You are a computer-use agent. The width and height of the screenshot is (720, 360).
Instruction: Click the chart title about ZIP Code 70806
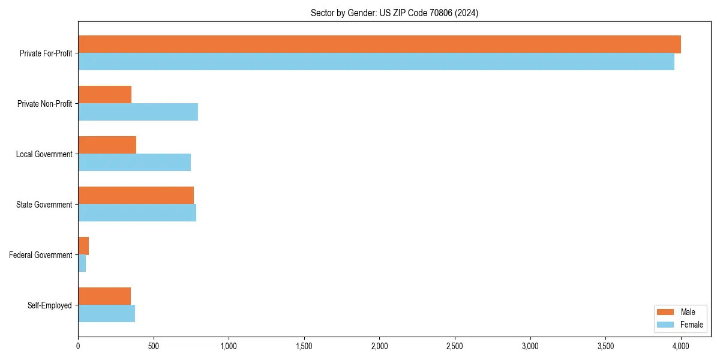pos(394,13)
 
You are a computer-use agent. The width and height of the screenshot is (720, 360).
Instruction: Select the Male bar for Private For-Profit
pos(379,44)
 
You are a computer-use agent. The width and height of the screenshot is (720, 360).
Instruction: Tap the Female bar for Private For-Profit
pos(376,62)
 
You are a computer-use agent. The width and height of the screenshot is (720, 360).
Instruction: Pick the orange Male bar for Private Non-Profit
pos(105,95)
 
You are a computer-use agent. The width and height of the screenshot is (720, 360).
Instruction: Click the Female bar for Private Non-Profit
pos(138,112)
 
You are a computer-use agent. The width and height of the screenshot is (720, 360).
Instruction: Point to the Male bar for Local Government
pos(107,145)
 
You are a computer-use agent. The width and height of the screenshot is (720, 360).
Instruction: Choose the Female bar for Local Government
pos(134,163)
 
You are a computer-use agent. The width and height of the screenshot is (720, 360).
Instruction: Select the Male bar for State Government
pos(136,196)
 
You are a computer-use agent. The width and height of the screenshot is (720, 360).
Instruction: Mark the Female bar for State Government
pos(137,213)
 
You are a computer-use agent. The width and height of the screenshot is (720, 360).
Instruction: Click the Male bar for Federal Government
pos(83,246)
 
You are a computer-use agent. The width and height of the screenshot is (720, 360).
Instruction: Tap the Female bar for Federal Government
pos(82,263)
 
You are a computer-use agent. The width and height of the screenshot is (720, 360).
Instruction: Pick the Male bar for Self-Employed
pos(104,296)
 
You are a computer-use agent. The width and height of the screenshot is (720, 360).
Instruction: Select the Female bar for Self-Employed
pos(107,314)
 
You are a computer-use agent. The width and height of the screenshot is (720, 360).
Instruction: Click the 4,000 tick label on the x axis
pos(680,346)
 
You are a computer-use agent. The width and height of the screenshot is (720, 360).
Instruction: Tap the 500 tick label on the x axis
pos(154,346)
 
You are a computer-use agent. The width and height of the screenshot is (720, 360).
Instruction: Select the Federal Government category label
pos(41,255)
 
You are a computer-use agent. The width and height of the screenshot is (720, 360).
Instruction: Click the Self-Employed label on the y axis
pos(50,305)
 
